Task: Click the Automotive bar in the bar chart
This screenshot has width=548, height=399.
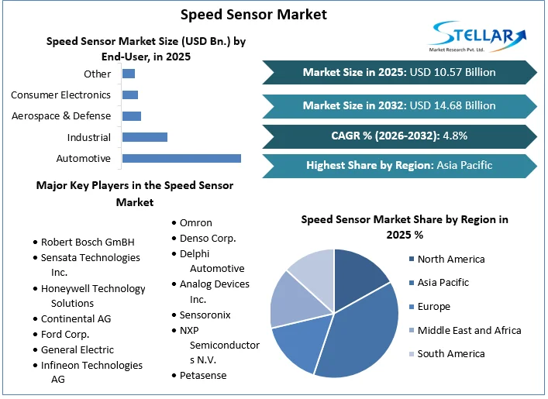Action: (x=181, y=158)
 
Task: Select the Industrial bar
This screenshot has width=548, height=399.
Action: (x=145, y=137)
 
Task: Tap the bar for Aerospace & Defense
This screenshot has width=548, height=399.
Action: (x=132, y=116)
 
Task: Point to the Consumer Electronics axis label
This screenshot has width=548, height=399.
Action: (x=60, y=95)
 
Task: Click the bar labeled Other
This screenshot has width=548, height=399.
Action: (x=129, y=74)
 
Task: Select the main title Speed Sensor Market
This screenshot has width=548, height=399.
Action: (x=253, y=14)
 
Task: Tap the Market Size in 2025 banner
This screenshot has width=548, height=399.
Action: (x=399, y=73)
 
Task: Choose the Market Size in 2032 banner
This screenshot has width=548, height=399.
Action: (x=399, y=105)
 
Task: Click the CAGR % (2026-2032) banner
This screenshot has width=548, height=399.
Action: (x=399, y=136)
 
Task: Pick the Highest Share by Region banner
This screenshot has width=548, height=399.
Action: (x=399, y=165)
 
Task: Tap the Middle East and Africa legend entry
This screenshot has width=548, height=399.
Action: (x=469, y=330)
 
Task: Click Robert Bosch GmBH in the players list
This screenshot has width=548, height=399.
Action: (x=88, y=242)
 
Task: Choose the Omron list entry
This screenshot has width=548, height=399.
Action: (x=195, y=223)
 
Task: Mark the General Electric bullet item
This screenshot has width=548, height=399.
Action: (x=77, y=349)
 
